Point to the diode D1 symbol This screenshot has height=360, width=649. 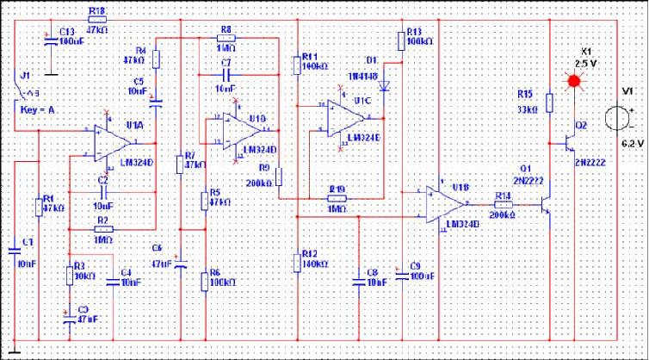pyautogui.click(x=385, y=84)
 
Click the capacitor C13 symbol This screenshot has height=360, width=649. pyautogui.click(x=48, y=37)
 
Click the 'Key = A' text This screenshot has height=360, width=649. pyautogui.click(x=36, y=109)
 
